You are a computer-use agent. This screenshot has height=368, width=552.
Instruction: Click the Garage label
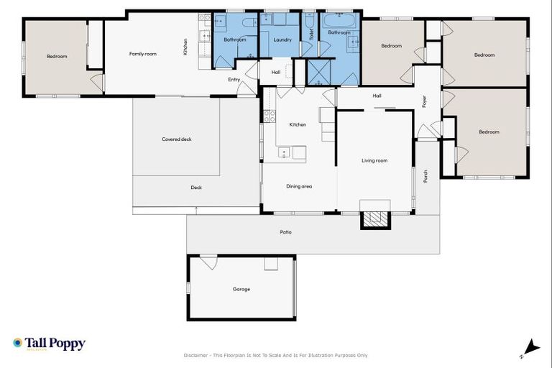tap(241, 289)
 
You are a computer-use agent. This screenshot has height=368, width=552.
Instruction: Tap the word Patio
tap(285, 232)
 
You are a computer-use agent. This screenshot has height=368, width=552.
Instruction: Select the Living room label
tap(374, 160)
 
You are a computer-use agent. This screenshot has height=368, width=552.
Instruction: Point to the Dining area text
tap(299, 186)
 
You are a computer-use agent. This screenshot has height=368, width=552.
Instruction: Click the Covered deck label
tap(176, 139)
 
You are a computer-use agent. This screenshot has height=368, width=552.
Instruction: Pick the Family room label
tap(142, 53)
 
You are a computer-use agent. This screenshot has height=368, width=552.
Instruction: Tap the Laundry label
tap(282, 40)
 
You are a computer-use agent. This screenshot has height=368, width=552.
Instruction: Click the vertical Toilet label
tap(311, 33)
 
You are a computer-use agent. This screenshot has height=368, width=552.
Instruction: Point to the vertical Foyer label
tap(425, 101)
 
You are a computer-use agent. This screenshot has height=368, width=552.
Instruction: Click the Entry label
tap(234, 79)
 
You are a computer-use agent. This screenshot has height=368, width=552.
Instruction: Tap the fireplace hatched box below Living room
tap(374, 220)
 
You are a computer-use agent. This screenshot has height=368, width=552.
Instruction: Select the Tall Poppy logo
tap(49, 344)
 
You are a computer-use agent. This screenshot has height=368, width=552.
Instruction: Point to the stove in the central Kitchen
tap(269, 115)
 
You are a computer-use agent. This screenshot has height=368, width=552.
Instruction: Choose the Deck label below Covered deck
tap(196, 188)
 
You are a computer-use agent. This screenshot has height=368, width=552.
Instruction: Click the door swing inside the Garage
tap(209, 262)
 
